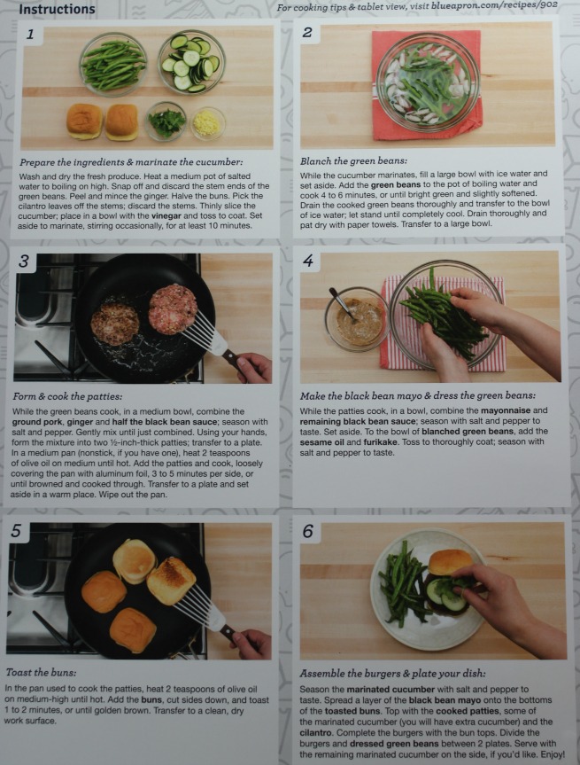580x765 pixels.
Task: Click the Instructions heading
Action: (57, 9)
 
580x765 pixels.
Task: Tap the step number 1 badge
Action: (30, 35)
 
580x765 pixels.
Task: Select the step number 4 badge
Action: (308, 261)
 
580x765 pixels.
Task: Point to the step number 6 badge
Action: (308, 531)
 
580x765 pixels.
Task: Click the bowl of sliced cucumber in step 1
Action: (191, 61)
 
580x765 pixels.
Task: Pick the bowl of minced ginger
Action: (207, 123)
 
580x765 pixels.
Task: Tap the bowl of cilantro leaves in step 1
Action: (166, 121)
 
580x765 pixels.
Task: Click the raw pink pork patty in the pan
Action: (173, 308)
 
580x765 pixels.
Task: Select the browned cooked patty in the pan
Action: (114, 324)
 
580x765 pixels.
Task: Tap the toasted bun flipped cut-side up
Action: (171, 581)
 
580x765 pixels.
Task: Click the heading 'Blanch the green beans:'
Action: (353, 161)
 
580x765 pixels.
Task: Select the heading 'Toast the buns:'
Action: (41, 672)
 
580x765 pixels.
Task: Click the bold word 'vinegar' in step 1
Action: (166, 215)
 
